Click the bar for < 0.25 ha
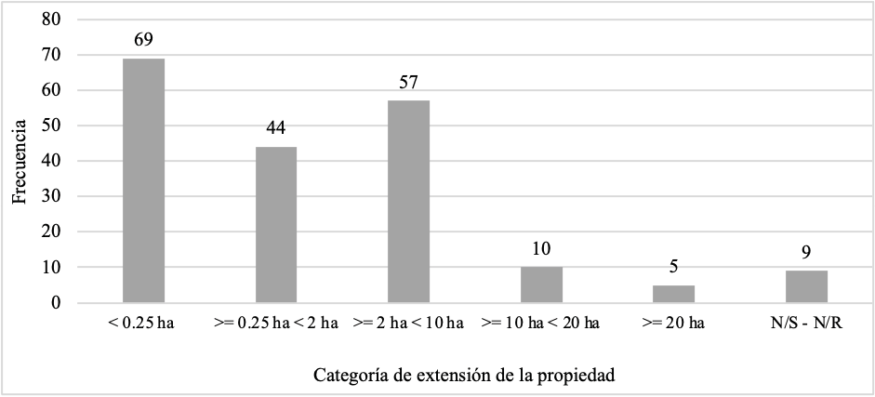(x=143, y=180)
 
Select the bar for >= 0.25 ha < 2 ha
(x=276, y=224)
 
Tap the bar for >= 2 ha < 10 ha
(x=408, y=201)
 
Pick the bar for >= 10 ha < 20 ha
(x=541, y=285)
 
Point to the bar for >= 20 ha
(x=674, y=293)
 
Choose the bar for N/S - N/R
(x=806, y=286)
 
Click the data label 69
(x=143, y=40)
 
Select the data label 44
(x=276, y=128)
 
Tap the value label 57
(x=408, y=82)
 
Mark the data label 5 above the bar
(x=674, y=266)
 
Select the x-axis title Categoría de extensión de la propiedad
(x=465, y=376)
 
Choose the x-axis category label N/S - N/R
(x=806, y=323)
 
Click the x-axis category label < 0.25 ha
(x=143, y=323)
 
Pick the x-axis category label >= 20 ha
(x=674, y=323)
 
